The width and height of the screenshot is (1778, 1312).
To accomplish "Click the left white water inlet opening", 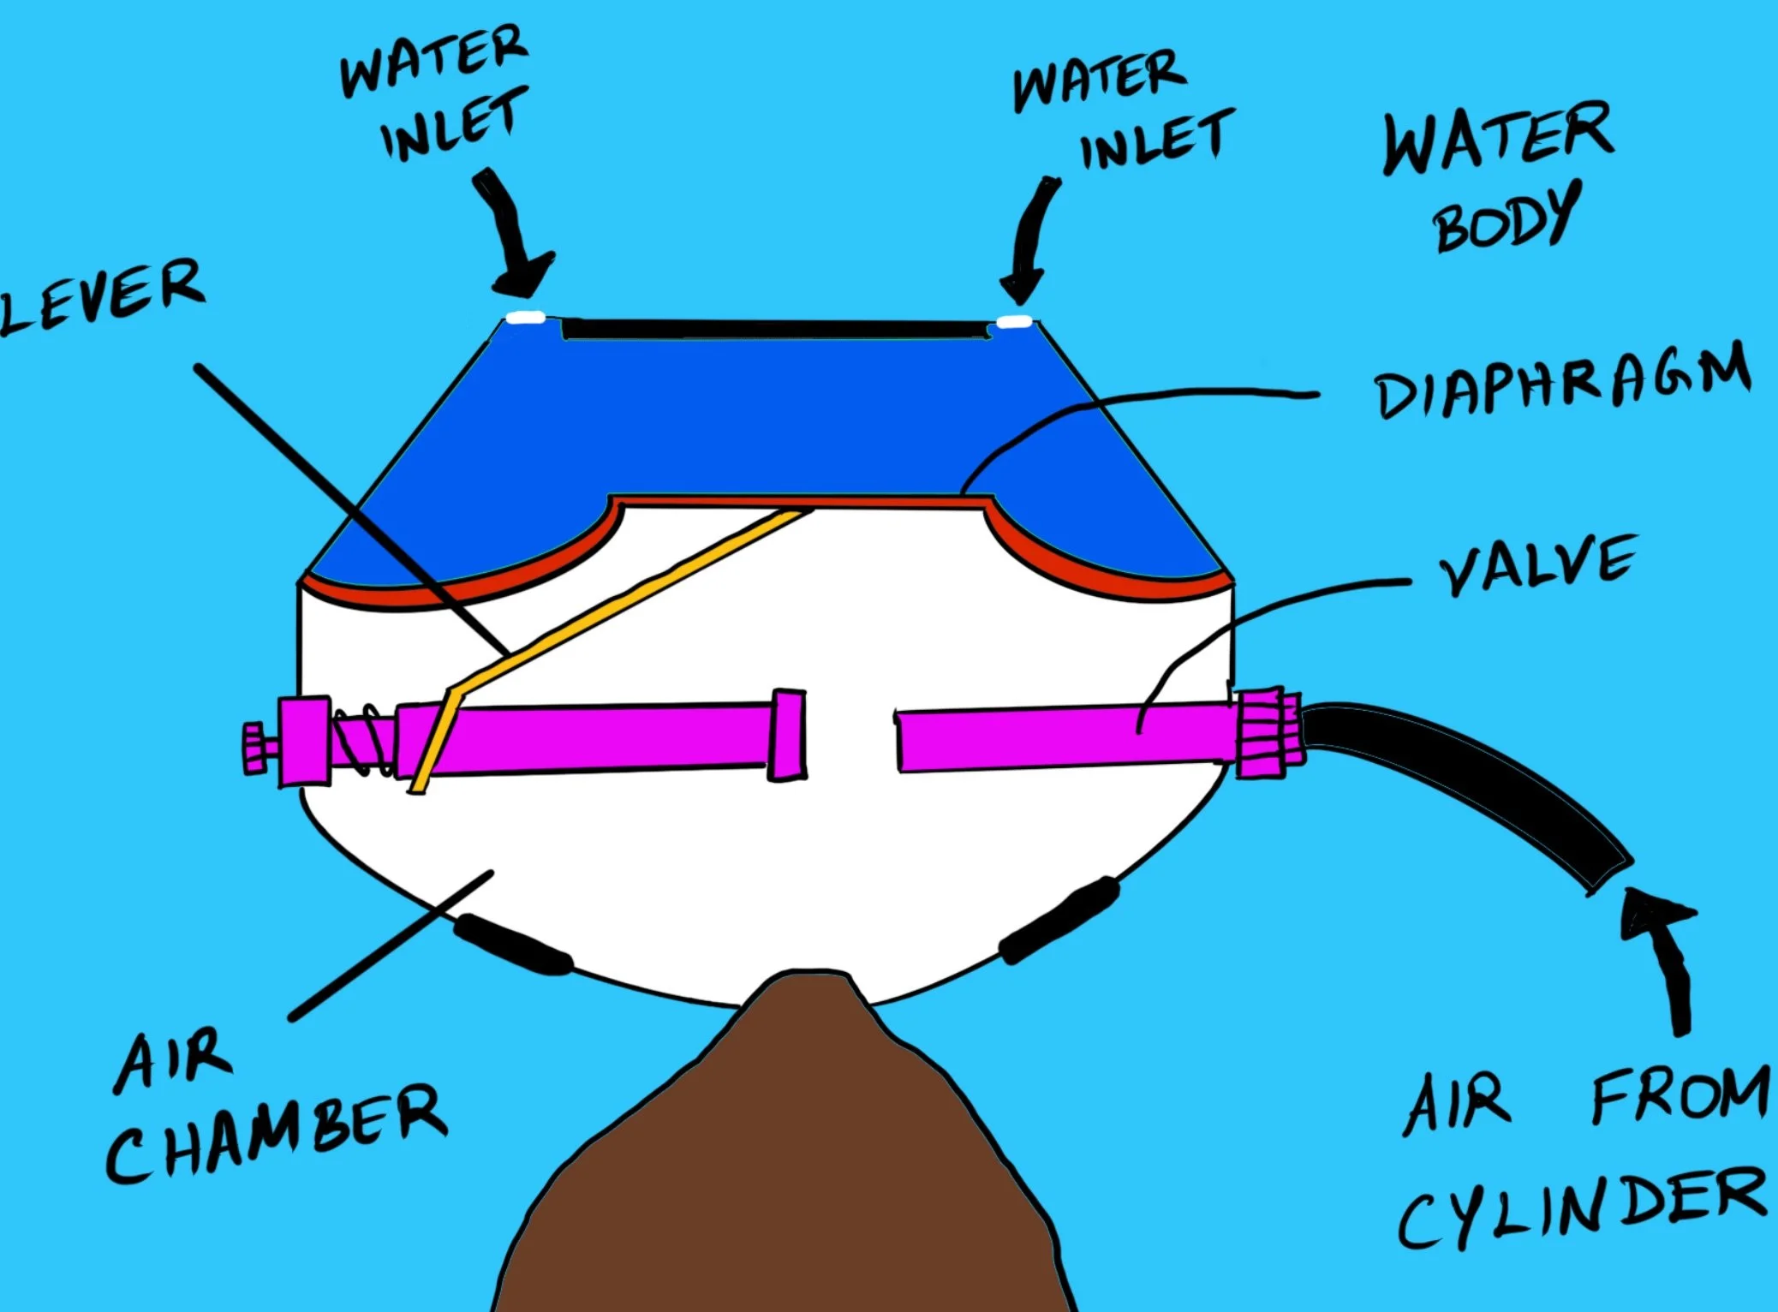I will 525,318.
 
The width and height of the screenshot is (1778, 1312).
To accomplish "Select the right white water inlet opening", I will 1016,322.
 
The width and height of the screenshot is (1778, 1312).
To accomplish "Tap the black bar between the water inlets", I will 775,329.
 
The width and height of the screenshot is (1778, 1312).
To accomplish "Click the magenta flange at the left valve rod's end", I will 785,735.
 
